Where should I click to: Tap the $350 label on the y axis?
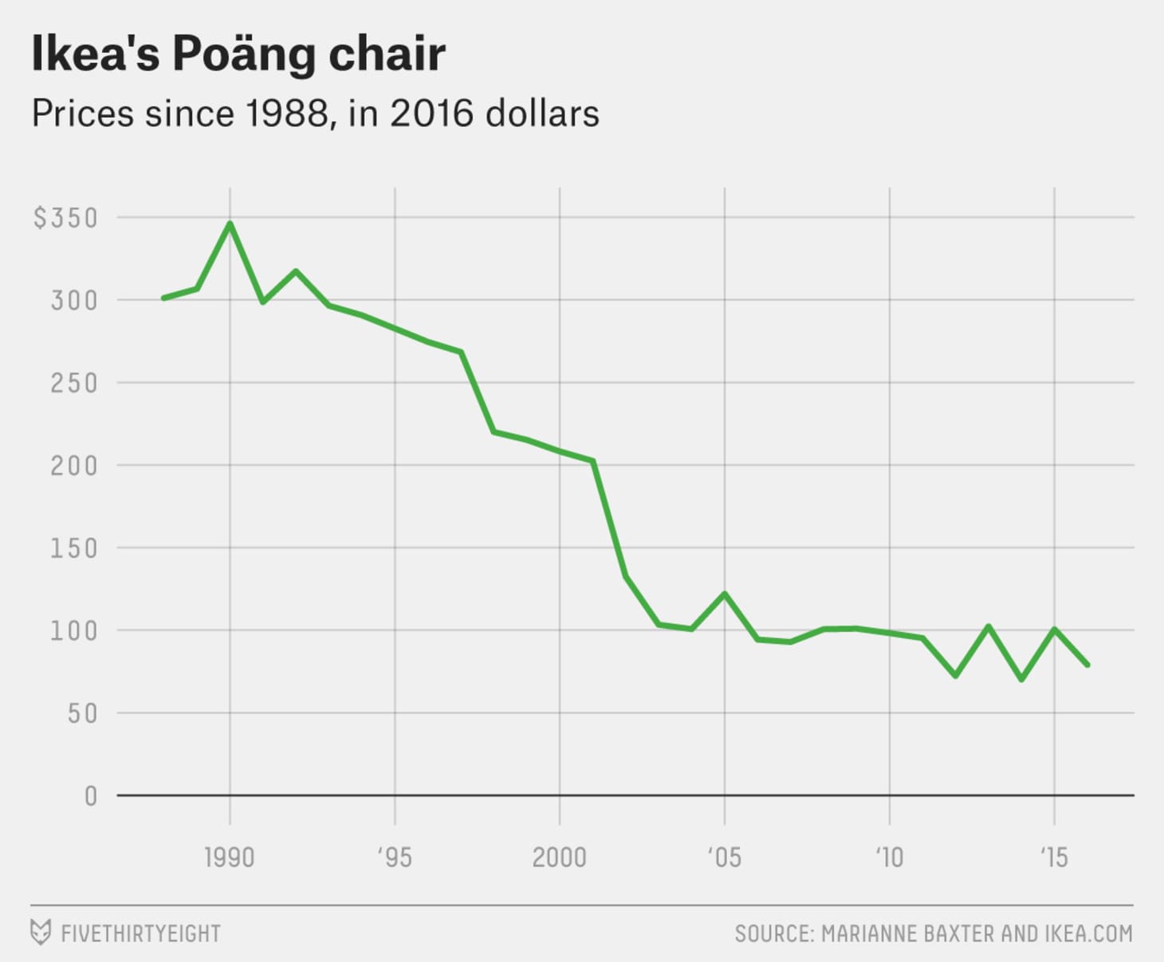tap(65, 218)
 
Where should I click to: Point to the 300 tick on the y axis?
tap(74, 301)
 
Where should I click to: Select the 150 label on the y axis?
tap(74, 548)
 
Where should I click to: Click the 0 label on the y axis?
tap(91, 796)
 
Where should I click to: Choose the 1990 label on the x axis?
tap(230, 858)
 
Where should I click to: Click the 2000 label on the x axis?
tap(559, 858)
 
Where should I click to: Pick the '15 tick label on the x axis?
tap(1053, 858)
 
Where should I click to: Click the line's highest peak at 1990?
tap(230, 223)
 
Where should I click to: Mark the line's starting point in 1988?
tap(163, 298)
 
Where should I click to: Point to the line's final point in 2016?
tap(1087, 664)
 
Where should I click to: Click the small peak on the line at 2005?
tap(725, 593)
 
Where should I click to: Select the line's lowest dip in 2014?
tap(1021, 680)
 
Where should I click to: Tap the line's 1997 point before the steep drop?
tap(461, 352)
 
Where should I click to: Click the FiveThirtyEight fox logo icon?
tap(40, 932)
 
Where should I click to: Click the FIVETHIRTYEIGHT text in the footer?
tap(141, 933)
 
